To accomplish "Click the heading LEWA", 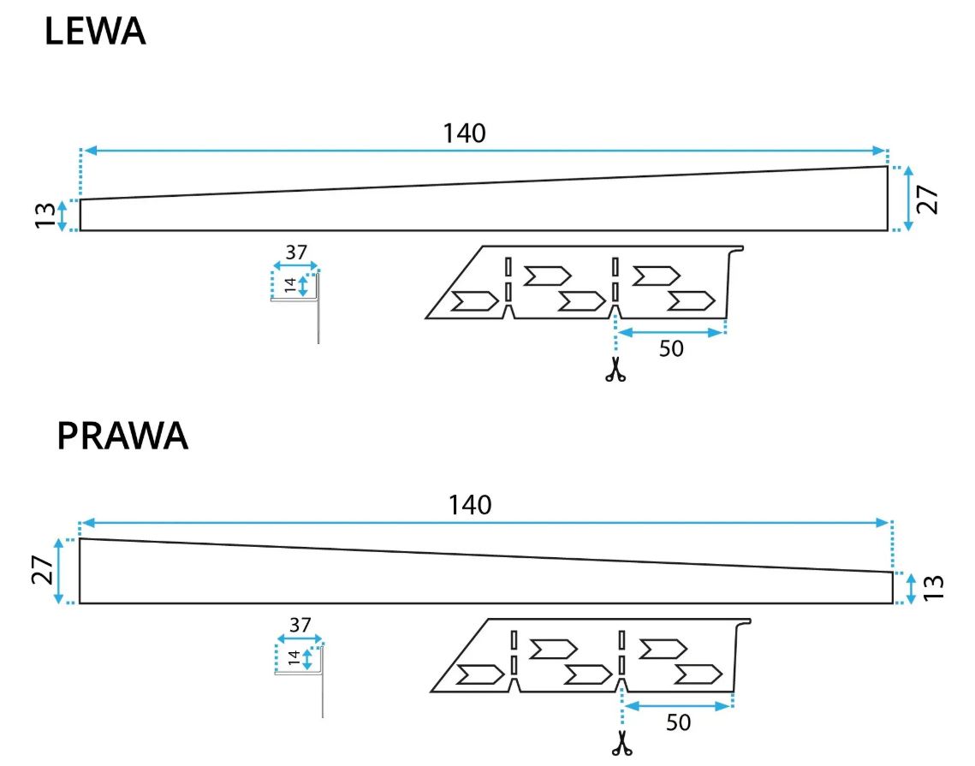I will pyautogui.click(x=95, y=32).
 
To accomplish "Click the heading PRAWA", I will pyautogui.click(x=122, y=436).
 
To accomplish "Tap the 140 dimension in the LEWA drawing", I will pyautogui.click(x=464, y=133).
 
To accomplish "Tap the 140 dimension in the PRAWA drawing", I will pyautogui.click(x=470, y=505).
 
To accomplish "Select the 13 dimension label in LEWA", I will pyautogui.click(x=45, y=216).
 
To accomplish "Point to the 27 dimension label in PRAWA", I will pyautogui.click(x=41, y=571).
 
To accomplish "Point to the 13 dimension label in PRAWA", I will pyautogui.click(x=936, y=588).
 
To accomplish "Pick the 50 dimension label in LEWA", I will pyautogui.click(x=672, y=349).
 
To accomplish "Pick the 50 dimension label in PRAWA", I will pyautogui.click(x=678, y=723).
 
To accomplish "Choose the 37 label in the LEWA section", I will pyautogui.click(x=296, y=253).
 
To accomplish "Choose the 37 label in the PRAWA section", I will pyautogui.click(x=300, y=625).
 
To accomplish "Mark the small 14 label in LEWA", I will pyautogui.click(x=290, y=286).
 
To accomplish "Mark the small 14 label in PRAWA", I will pyautogui.click(x=294, y=658).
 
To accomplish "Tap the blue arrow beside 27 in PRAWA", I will pyautogui.click(x=59, y=571).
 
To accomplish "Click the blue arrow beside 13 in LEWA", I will pyautogui.click(x=62, y=216).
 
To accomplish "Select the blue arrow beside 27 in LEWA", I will pyautogui.click(x=909, y=199).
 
